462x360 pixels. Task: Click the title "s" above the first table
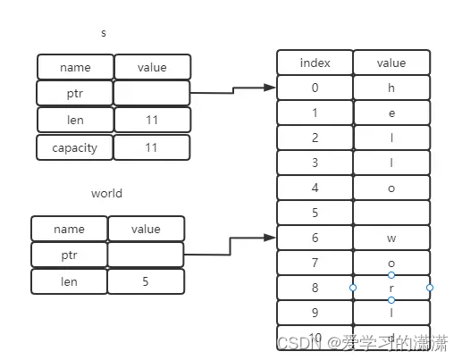(x=104, y=33)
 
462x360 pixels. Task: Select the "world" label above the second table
(x=106, y=193)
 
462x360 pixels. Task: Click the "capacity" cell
(x=75, y=147)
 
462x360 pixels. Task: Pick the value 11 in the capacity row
(x=152, y=147)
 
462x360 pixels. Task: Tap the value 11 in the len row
(x=152, y=120)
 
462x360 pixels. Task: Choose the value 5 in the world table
(x=146, y=281)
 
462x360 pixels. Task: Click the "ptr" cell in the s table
(x=75, y=93)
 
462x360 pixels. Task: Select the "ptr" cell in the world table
(x=69, y=255)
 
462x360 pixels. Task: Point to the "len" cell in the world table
(x=69, y=281)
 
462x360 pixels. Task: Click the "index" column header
(x=315, y=63)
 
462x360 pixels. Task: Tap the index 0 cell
(x=315, y=88)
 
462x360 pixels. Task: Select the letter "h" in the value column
(x=391, y=88)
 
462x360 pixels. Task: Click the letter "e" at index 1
(x=391, y=113)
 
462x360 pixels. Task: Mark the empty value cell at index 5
(x=391, y=213)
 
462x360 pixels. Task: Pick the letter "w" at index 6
(x=391, y=238)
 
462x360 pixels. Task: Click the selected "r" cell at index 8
(x=391, y=288)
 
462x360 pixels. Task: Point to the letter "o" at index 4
(x=391, y=188)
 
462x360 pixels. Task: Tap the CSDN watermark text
(x=362, y=343)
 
